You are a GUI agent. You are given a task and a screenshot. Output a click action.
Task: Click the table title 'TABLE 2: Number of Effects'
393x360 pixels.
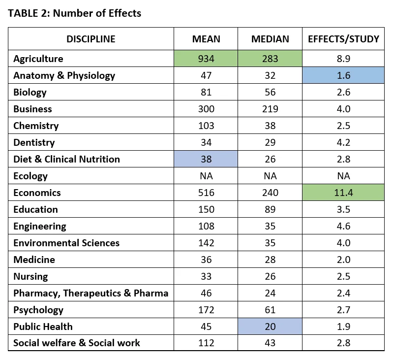pyautogui.click(x=74, y=13)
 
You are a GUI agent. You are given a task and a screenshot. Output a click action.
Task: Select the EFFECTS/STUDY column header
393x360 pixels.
pyautogui.click(x=343, y=39)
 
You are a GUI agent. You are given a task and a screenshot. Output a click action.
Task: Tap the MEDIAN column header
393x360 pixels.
pyautogui.click(x=270, y=39)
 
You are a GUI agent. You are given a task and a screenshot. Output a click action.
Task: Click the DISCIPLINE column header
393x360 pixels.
pyautogui.click(x=91, y=39)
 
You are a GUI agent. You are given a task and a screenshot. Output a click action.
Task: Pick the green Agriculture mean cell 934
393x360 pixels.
pyautogui.click(x=206, y=59)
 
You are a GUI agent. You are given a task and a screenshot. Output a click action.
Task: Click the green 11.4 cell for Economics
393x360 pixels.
pyautogui.click(x=343, y=193)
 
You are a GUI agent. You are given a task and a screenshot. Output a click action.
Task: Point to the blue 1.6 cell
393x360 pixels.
pyautogui.click(x=343, y=75)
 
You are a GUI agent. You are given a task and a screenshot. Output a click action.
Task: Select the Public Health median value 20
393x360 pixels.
pyautogui.click(x=270, y=327)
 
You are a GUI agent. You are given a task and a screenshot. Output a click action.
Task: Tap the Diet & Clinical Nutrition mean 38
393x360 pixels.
pyautogui.click(x=206, y=159)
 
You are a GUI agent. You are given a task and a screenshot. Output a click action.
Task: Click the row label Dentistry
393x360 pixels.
pyautogui.click(x=34, y=142)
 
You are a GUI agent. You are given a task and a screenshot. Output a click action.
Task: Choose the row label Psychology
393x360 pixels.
pyautogui.click(x=38, y=310)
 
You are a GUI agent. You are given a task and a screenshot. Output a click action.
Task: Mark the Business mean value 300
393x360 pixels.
pyautogui.click(x=206, y=109)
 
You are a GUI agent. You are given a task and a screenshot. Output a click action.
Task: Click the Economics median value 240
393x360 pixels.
pyautogui.click(x=270, y=193)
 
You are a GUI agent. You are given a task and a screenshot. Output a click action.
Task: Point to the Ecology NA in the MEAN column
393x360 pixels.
pyautogui.click(x=206, y=176)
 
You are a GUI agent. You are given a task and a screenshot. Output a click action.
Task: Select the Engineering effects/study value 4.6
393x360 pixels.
pyautogui.click(x=343, y=226)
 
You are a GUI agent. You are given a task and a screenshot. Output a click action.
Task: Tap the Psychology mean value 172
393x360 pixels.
pyautogui.click(x=206, y=310)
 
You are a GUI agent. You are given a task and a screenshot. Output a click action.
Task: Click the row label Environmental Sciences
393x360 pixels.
pyautogui.click(x=66, y=243)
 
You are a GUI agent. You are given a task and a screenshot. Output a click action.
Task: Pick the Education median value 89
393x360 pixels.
pyautogui.click(x=270, y=209)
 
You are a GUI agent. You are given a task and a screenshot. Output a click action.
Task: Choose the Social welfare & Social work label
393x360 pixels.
pyautogui.click(x=77, y=343)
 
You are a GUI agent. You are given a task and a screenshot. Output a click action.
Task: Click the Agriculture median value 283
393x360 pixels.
pyautogui.click(x=270, y=59)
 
